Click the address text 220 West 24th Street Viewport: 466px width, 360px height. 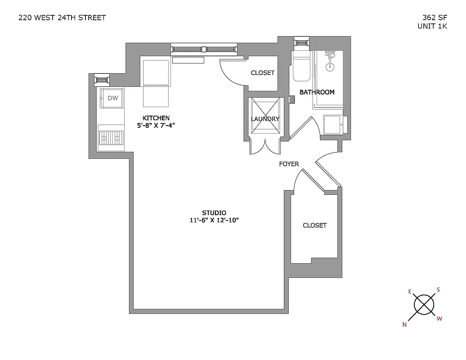62,18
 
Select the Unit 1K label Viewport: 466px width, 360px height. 432,26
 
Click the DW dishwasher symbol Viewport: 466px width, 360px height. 112,98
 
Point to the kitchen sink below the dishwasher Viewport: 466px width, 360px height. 111,136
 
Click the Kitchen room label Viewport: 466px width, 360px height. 156,118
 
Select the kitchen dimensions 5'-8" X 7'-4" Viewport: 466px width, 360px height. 156,126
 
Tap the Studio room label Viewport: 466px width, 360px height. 214,212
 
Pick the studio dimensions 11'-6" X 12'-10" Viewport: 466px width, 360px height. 214,220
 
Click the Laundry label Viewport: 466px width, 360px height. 265,119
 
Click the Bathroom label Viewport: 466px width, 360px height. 317,92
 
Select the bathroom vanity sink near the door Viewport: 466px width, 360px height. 332,124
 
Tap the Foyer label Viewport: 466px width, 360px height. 289,164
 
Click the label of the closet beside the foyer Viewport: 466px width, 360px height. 314,225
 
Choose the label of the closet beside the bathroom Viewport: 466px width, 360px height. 262,73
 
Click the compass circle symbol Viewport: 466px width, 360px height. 424,305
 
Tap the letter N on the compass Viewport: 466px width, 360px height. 404,324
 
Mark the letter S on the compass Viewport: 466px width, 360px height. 438,290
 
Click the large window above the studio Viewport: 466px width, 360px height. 203,49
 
